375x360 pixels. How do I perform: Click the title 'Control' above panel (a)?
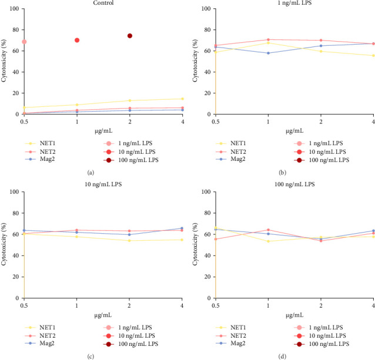[103, 3]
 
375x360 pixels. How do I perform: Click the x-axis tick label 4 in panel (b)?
[373, 120]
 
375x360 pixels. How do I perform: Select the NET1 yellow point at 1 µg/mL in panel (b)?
[268, 43]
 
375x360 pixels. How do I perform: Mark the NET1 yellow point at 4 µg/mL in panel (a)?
[183, 99]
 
